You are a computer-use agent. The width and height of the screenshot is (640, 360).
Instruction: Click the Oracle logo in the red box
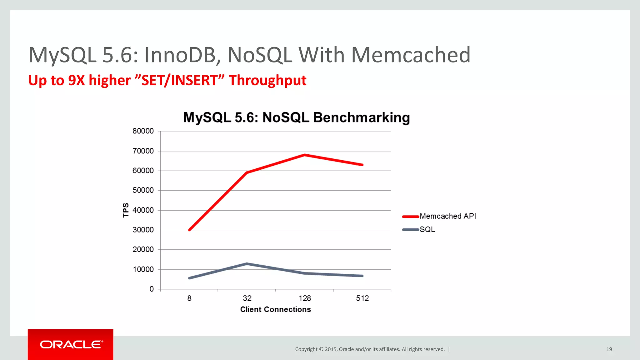point(71,344)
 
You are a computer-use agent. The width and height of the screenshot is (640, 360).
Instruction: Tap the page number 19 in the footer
point(609,349)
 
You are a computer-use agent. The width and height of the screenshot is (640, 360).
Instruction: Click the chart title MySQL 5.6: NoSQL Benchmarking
point(296,117)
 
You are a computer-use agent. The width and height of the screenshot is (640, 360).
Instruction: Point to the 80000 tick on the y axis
point(143,131)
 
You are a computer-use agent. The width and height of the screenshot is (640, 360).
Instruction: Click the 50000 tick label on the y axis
point(143,190)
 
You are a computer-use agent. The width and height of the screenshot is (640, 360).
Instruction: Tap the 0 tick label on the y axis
point(152,289)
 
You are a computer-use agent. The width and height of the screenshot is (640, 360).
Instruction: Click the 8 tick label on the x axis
point(189,298)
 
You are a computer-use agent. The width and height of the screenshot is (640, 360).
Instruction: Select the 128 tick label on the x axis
point(305,298)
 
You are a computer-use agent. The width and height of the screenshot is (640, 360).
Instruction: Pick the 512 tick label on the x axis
point(362,298)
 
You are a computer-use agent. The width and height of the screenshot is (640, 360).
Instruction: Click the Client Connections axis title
point(275,309)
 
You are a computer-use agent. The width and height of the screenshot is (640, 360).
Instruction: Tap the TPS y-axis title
point(126,210)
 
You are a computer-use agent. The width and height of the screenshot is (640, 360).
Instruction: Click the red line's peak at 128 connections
point(305,155)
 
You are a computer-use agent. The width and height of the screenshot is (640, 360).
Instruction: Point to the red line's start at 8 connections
point(189,230)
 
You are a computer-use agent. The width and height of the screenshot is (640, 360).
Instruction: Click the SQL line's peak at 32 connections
point(247,264)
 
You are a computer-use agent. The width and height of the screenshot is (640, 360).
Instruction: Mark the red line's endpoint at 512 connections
point(362,165)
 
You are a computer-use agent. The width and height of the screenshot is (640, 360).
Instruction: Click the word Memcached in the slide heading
point(411,55)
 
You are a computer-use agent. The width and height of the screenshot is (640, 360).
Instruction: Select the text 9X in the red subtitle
point(76,80)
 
